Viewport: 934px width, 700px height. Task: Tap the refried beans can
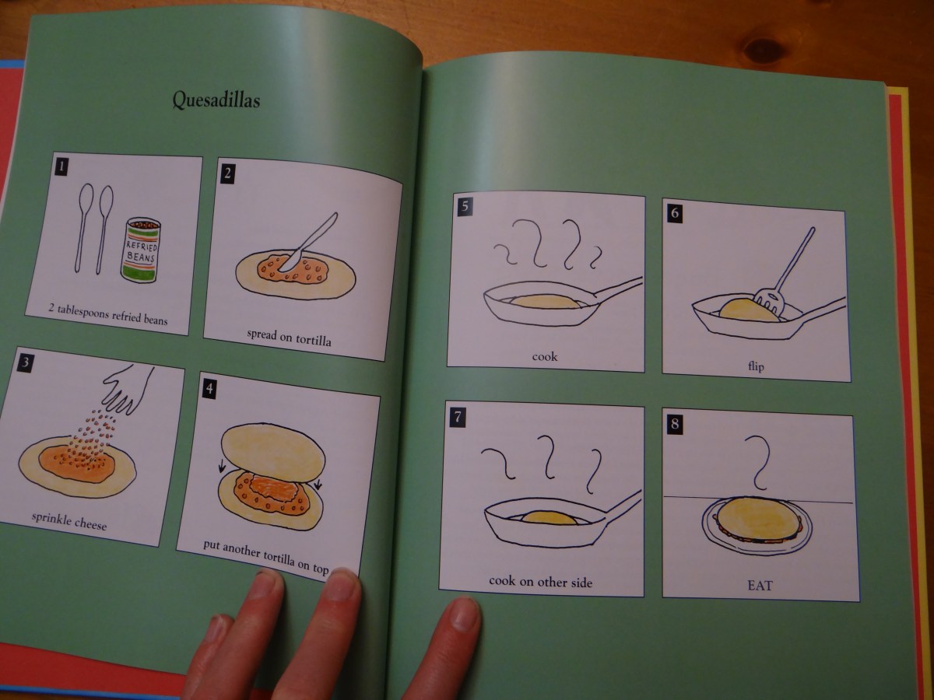pyautogui.click(x=140, y=250)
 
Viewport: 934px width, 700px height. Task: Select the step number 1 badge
pyautogui.click(x=61, y=166)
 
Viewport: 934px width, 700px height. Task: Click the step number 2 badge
pyautogui.click(x=227, y=173)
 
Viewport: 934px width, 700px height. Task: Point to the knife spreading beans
pyautogui.click(x=309, y=242)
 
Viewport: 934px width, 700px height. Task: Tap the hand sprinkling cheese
pyautogui.click(x=128, y=389)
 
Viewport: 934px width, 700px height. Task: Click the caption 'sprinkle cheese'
pyautogui.click(x=69, y=520)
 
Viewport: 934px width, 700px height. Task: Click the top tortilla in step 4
pyautogui.click(x=273, y=453)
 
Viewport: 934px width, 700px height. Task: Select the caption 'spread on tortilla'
pyautogui.click(x=289, y=338)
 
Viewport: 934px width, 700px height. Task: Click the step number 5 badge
pyautogui.click(x=465, y=207)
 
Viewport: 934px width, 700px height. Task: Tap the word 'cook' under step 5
pyautogui.click(x=545, y=356)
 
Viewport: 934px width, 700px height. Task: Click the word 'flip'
pyautogui.click(x=756, y=366)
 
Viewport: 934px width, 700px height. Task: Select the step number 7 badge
pyautogui.click(x=458, y=418)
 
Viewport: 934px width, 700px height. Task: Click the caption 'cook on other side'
pyautogui.click(x=540, y=582)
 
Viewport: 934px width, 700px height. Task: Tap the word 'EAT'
pyautogui.click(x=760, y=586)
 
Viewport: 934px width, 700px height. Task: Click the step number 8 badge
pyautogui.click(x=675, y=424)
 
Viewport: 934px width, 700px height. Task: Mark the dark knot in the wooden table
pyautogui.click(x=764, y=51)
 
